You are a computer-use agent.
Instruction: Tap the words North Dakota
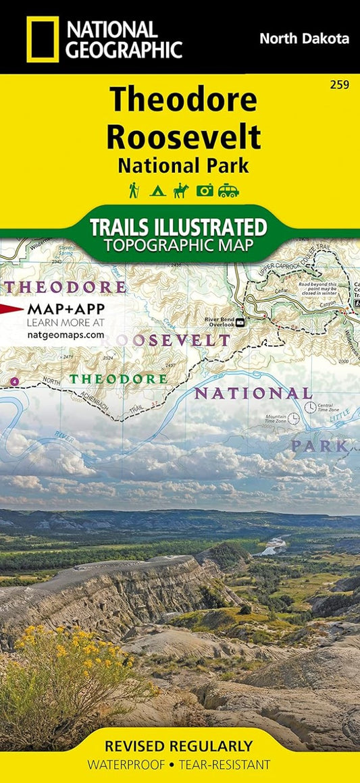304,38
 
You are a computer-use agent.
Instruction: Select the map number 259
340,85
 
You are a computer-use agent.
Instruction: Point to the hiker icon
134,191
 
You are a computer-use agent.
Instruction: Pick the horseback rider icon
180,191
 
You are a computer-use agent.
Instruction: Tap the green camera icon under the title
204,191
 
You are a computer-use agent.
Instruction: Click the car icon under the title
228,191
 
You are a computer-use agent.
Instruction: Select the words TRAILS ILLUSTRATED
180,225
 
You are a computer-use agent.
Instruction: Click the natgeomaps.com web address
66,333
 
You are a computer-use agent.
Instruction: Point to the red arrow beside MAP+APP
11,309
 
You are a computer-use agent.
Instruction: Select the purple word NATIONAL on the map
253,393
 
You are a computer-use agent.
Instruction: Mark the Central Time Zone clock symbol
310,407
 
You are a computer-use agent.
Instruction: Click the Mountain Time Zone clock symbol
294,418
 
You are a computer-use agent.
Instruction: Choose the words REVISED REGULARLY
179,746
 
